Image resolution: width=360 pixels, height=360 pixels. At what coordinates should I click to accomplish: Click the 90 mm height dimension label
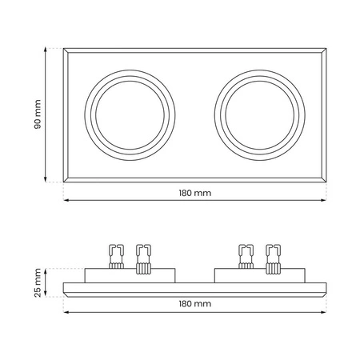point(38,114)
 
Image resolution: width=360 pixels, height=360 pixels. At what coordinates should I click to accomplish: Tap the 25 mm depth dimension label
point(38,282)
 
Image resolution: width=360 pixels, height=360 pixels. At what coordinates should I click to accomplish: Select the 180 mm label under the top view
point(195,193)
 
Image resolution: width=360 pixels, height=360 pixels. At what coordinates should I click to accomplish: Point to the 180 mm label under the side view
point(195,304)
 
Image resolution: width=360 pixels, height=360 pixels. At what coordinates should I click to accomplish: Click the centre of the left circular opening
point(130,115)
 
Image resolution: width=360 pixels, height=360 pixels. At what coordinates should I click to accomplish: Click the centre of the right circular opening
point(260,115)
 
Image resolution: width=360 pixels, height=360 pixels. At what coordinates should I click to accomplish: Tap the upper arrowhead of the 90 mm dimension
point(46,50)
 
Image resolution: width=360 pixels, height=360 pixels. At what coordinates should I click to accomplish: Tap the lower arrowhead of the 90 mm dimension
point(46,179)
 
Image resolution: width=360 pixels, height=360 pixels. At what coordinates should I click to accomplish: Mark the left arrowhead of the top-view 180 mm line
point(66,200)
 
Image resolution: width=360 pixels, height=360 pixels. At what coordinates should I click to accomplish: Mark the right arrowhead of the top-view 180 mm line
point(324,200)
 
